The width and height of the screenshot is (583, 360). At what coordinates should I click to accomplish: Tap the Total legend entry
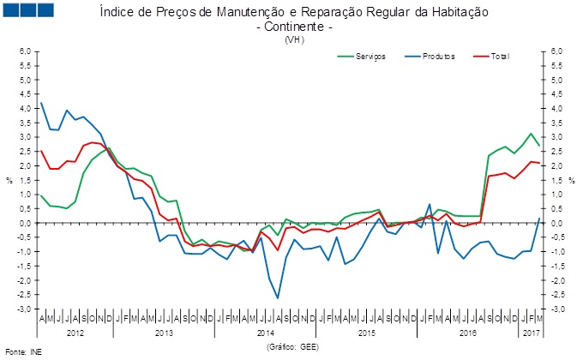[x=500, y=57]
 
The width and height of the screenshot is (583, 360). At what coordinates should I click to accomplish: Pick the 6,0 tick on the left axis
[x=25, y=51]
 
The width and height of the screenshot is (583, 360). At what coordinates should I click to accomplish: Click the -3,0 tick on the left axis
[x=23, y=309]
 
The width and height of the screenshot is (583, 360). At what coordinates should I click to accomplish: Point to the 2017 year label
[x=532, y=330]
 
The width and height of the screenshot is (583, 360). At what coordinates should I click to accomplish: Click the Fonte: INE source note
[x=23, y=351]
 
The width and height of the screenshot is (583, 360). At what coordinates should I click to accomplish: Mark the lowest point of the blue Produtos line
[x=277, y=298]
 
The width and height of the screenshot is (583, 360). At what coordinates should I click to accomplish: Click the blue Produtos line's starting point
[x=41, y=103]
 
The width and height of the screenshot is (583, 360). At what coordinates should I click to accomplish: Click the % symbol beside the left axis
[x=9, y=180]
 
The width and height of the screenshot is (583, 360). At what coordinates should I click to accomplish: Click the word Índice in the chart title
[x=117, y=13]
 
